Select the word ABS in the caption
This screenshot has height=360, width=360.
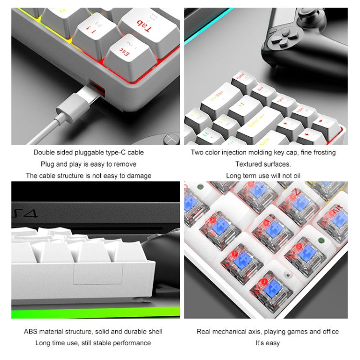coord(32,332)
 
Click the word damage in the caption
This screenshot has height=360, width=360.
coord(139,176)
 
